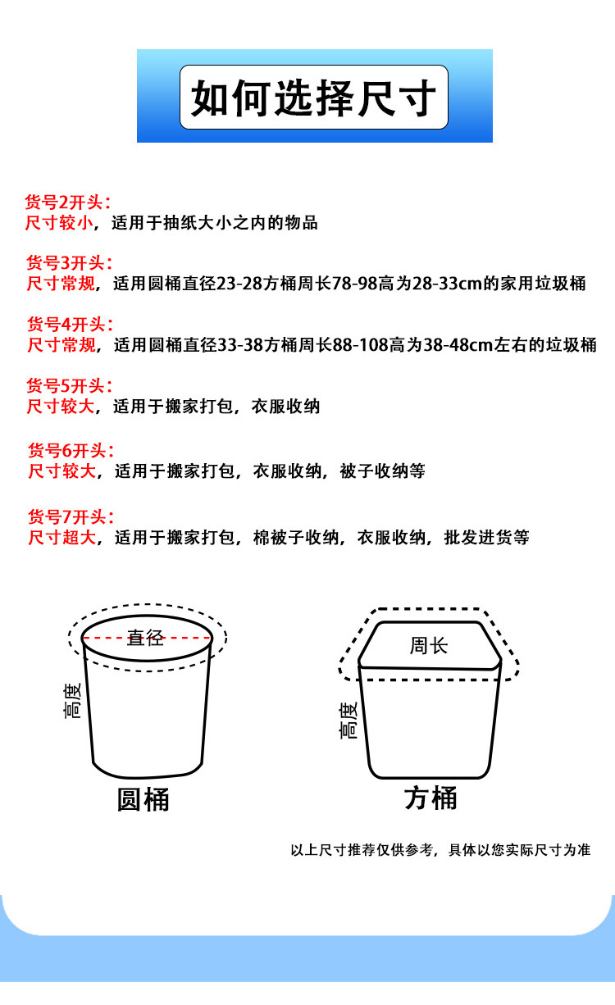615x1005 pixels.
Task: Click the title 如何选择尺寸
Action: click(x=314, y=99)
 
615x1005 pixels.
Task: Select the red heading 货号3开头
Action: click(x=67, y=263)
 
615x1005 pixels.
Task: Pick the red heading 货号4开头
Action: click(x=67, y=325)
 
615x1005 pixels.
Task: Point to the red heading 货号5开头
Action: click(x=67, y=385)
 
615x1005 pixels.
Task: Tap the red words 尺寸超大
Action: click(x=62, y=538)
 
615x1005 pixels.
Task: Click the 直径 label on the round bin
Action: click(x=145, y=638)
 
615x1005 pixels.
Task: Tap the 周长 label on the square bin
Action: click(x=429, y=645)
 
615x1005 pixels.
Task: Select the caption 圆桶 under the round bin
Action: click(x=143, y=799)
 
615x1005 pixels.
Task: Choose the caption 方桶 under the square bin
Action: click(x=430, y=798)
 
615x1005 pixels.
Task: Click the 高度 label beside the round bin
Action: click(x=73, y=701)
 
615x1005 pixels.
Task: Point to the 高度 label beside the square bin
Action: click(x=349, y=720)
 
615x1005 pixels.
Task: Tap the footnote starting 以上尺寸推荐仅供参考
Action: click(x=440, y=850)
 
